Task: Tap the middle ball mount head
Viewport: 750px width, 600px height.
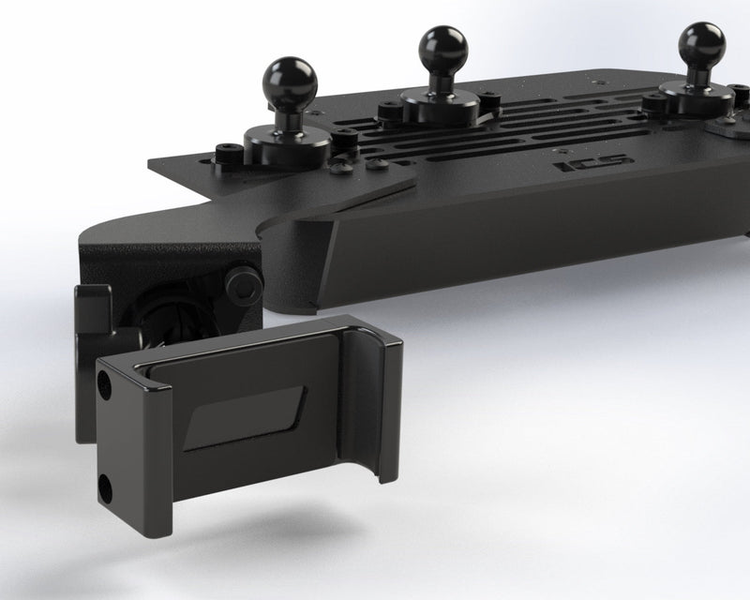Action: [x=442, y=47]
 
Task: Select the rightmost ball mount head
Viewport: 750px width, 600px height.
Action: [x=702, y=42]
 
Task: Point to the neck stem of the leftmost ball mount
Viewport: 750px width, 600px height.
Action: [x=287, y=111]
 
